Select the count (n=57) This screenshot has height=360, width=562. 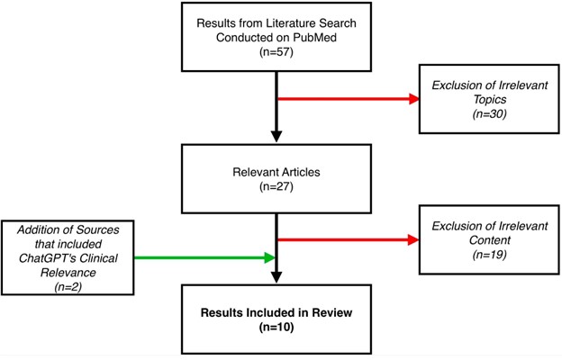click(275, 53)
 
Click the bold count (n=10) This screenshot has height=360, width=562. click(274, 329)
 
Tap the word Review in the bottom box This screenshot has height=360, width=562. click(328, 314)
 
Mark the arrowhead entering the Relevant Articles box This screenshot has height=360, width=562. click(274, 136)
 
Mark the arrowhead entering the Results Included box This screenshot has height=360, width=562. click(274, 276)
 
